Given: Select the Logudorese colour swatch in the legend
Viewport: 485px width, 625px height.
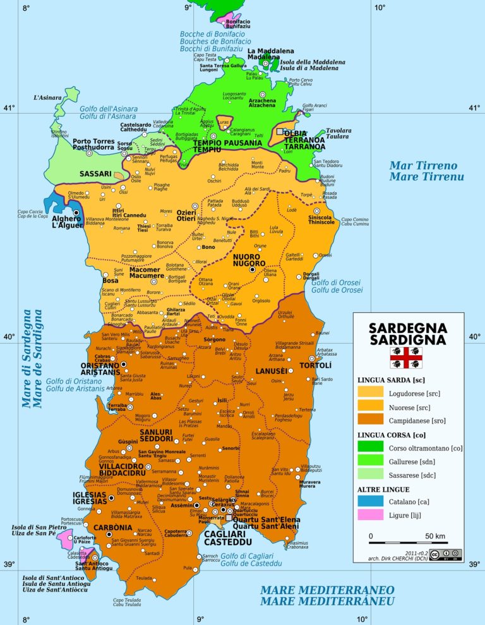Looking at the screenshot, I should pyautogui.click(x=373, y=392).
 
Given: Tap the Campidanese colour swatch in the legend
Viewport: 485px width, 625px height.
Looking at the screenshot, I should pyautogui.click(x=373, y=419).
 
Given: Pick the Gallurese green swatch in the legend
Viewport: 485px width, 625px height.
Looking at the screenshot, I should pyautogui.click(x=373, y=461).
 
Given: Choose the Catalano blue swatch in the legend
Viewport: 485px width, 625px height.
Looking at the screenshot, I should pyautogui.click(x=373, y=502).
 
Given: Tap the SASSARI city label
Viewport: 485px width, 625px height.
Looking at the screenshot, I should pyautogui.click(x=95, y=173).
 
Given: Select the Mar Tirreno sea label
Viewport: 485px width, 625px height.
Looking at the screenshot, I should pyautogui.click(x=426, y=171).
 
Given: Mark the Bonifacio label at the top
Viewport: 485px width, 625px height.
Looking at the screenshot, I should pyautogui.click(x=236, y=24).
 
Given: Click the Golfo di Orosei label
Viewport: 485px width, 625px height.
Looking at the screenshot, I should pyautogui.click(x=337, y=286).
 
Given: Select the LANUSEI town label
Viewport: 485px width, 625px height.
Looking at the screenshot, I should pyautogui.click(x=272, y=370).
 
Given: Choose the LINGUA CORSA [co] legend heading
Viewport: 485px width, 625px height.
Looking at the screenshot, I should pyautogui.click(x=392, y=435).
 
